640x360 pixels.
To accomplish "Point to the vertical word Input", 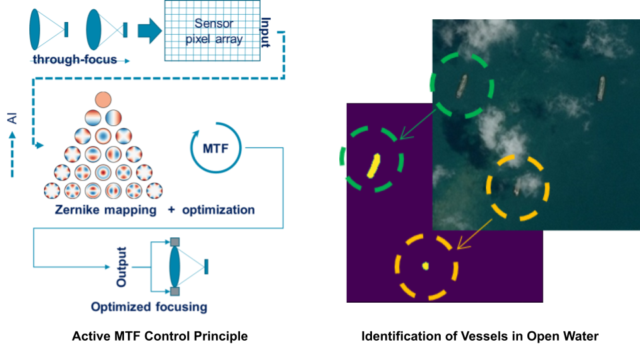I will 266,33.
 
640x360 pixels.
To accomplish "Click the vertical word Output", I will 122,267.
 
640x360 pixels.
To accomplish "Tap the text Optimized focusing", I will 149,307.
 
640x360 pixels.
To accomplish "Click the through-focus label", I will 74,60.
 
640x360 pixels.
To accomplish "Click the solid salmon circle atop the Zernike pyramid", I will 103,100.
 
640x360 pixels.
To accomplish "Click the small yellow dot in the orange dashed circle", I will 425,266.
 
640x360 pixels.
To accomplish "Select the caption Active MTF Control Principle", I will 159,337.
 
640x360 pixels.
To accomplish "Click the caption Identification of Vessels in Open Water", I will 479,337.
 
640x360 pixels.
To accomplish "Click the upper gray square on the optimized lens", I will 175,242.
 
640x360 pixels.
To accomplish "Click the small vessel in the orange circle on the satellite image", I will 517,191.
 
